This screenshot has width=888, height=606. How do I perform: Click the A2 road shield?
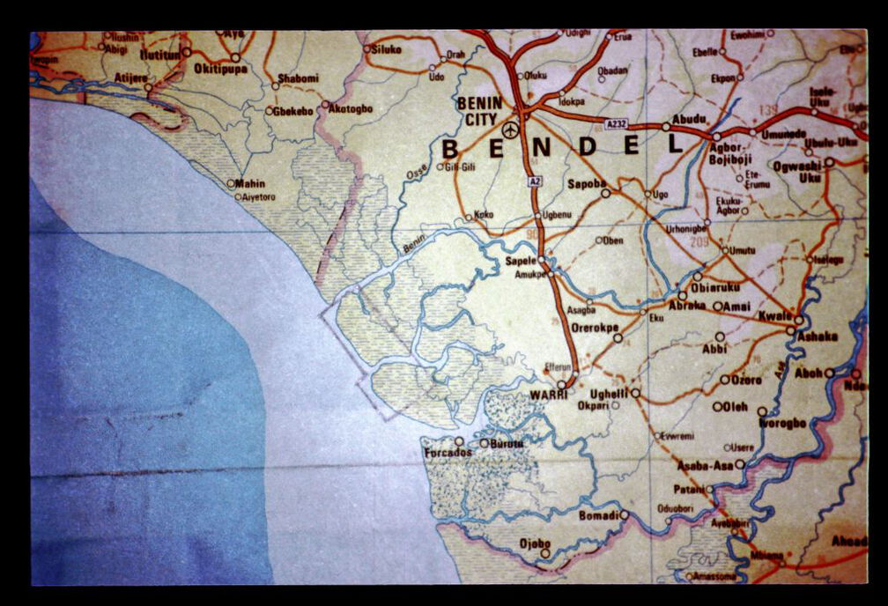534,181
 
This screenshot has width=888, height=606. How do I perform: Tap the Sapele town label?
521,262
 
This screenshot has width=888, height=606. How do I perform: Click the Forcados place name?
448,453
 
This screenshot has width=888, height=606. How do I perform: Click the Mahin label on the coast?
250,184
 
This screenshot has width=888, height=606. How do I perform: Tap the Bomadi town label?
599,514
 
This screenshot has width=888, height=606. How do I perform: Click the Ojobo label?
535,543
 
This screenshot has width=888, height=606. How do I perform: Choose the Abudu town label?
689,119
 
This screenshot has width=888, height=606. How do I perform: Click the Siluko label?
386,50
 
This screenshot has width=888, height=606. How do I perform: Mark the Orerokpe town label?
591,327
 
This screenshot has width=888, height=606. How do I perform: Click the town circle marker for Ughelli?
634,393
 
